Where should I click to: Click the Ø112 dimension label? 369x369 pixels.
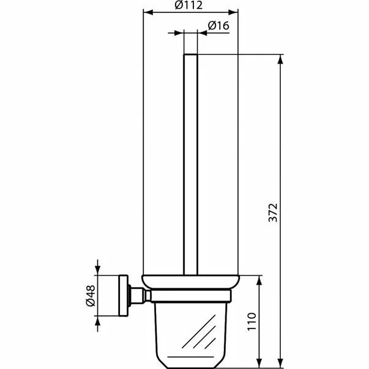(x=188, y=6)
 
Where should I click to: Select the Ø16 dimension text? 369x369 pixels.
(x=218, y=26)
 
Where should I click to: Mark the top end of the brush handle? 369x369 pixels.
(x=190, y=56)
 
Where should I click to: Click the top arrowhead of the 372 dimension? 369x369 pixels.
(x=281, y=59)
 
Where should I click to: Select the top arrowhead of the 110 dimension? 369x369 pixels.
(x=261, y=278)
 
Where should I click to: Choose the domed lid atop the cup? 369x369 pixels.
(x=190, y=282)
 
